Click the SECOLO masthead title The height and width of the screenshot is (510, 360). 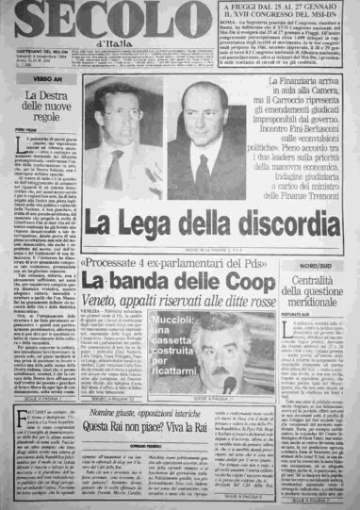[x=75, y=19]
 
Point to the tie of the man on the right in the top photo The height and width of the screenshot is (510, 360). [x=201, y=173]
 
